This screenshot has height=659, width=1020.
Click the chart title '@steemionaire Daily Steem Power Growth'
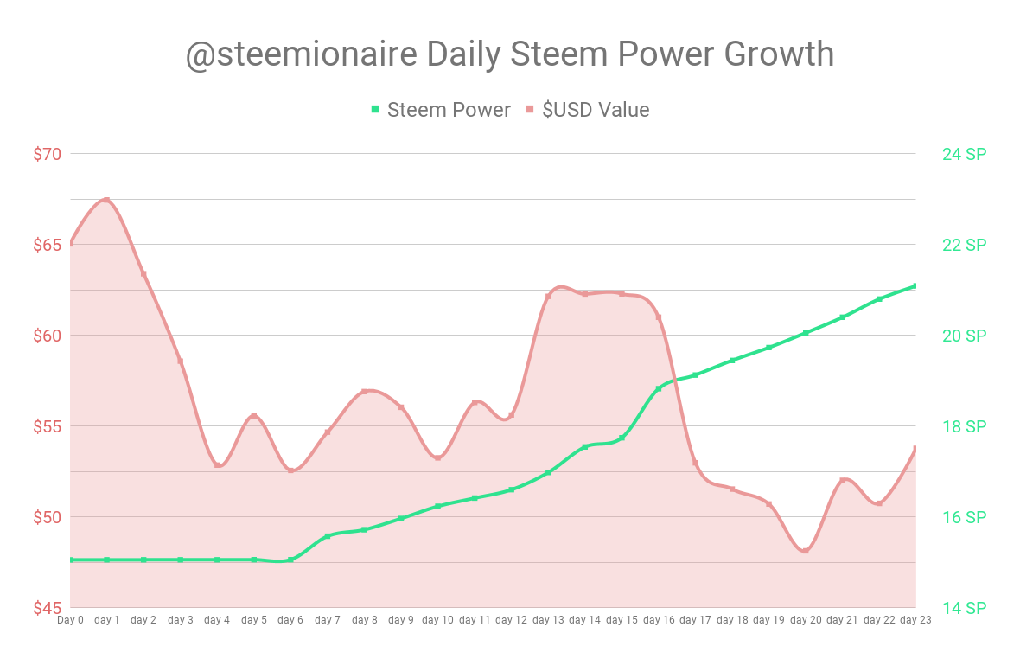[510, 54]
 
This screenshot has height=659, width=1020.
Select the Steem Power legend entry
[441, 110]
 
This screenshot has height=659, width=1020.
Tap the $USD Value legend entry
[587, 110]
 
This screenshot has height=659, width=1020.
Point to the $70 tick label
[48, 154]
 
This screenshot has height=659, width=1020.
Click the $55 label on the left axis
[48, 426]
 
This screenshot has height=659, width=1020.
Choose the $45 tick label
[48, 608]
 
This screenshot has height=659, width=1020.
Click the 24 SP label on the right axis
[964, 154]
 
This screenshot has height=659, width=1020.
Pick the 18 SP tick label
[964, 426]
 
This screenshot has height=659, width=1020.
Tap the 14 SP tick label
[964, 608]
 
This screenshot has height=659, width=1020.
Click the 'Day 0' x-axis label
[71, 620]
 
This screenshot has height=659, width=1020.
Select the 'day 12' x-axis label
[512, 620]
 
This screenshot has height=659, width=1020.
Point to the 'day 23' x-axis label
[915, 620]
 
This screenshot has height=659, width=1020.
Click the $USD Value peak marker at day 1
[107, 200]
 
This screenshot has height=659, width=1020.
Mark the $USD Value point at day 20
[806, 551]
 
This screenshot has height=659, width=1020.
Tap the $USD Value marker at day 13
[548, 297]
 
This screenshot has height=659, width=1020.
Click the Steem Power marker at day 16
[659, 388]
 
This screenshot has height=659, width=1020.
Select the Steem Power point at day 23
[915, 285]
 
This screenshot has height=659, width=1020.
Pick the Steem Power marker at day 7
[328, 536]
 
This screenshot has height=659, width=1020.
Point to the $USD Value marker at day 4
[218, 465]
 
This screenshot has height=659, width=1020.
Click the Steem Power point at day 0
[71, 560]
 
